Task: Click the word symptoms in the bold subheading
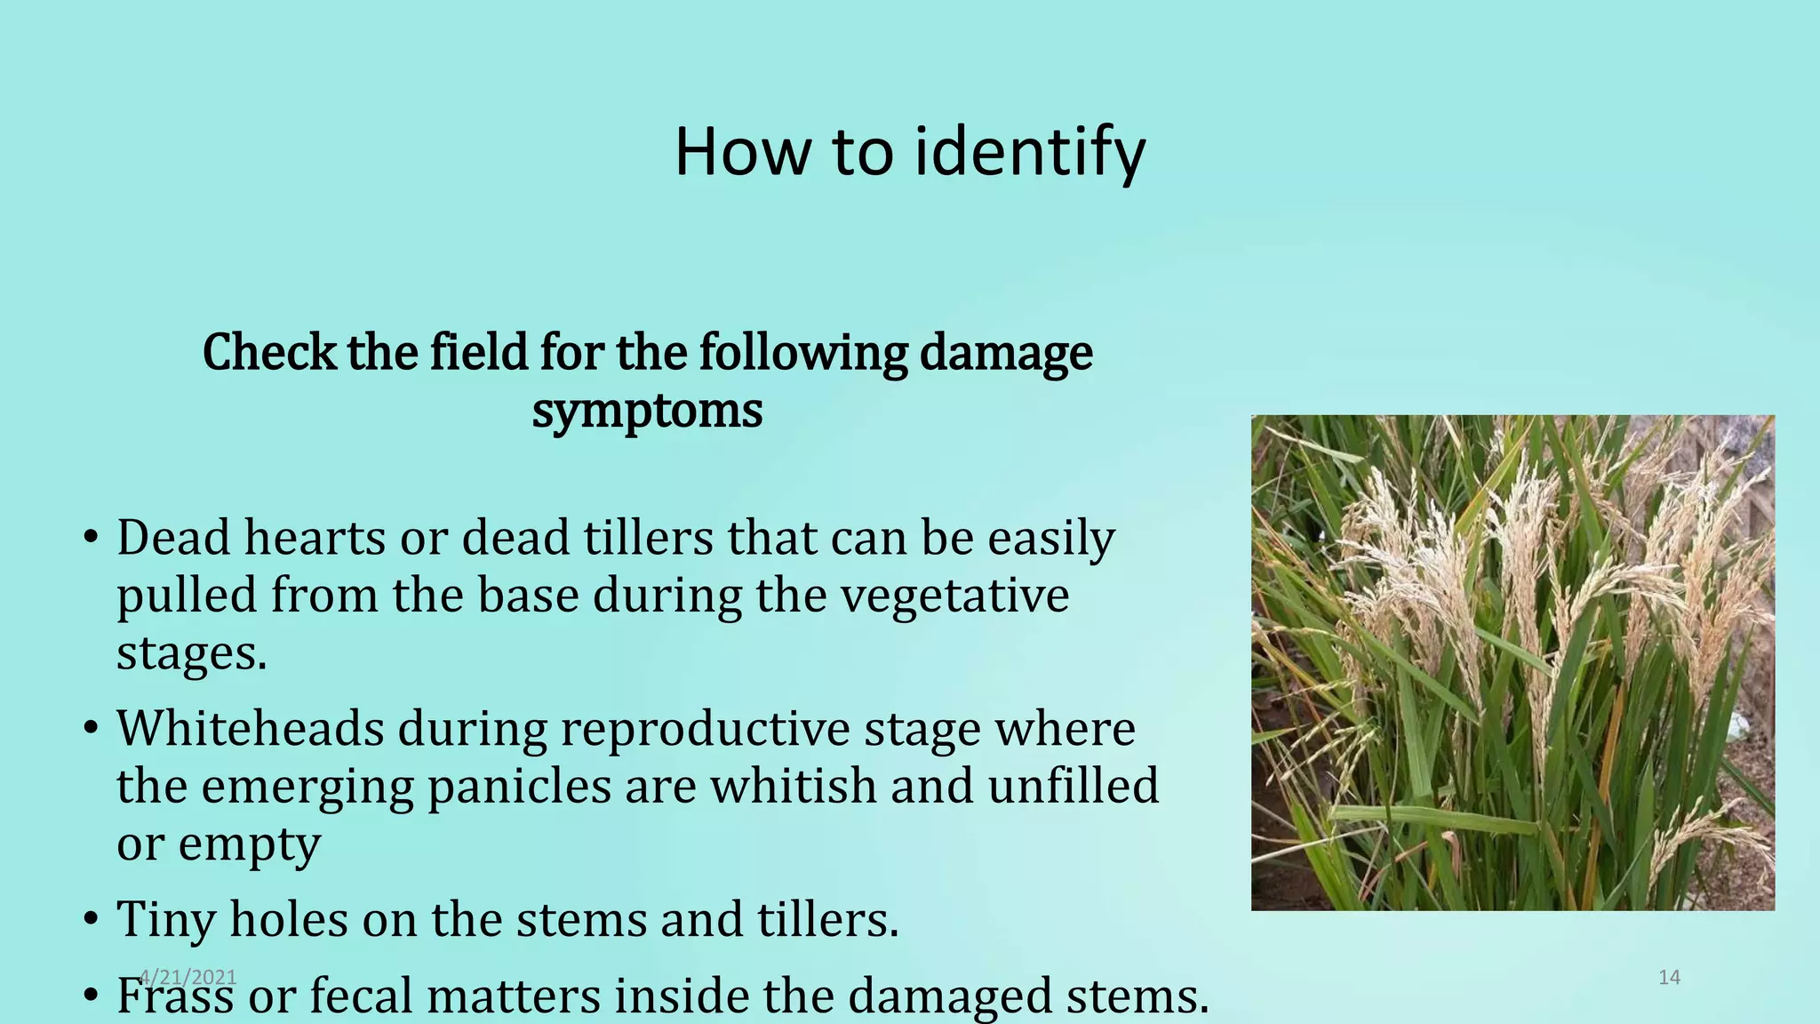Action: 647,411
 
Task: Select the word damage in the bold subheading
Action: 1006,353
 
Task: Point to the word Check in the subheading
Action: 269,353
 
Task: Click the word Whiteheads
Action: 250,729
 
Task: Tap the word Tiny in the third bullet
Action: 166,919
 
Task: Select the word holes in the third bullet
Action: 289,919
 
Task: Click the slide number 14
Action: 1669,978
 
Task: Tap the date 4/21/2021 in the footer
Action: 188,978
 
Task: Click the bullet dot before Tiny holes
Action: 91,920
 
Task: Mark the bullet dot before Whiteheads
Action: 91,730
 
